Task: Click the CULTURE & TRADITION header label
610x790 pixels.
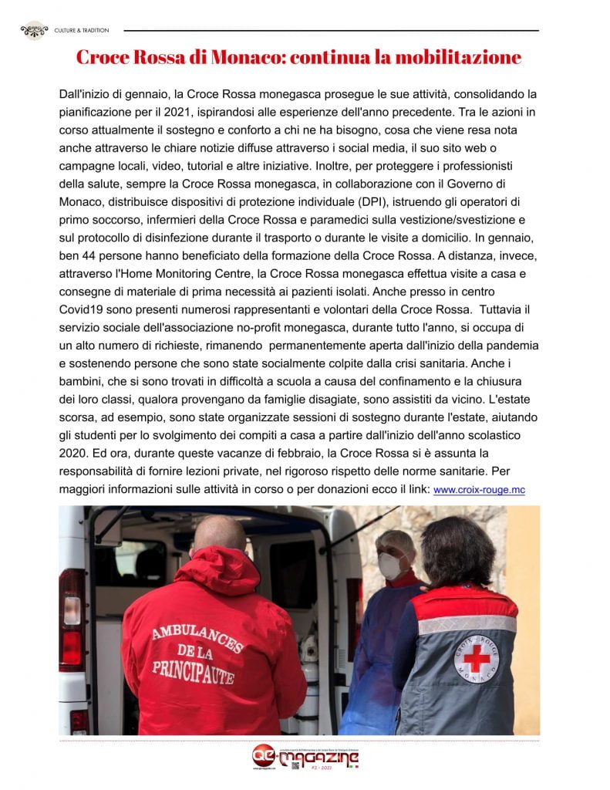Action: coord(81,31)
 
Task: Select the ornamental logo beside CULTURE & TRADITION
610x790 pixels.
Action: coord(34,31)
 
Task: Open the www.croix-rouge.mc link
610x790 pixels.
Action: coord(479,489)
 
